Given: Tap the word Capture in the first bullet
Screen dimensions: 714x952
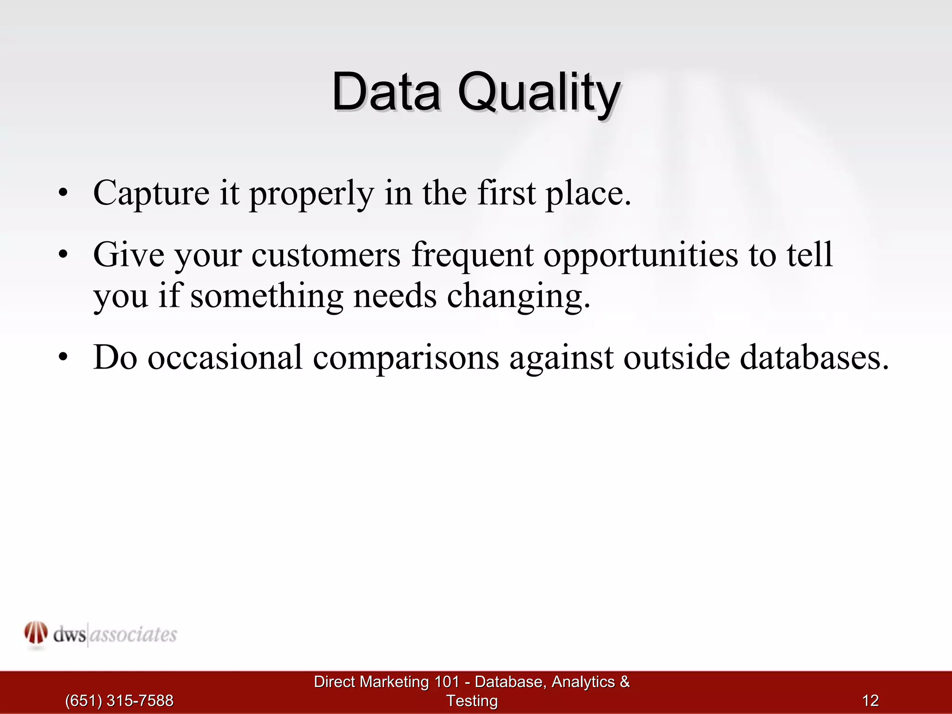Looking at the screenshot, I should pyautogui.click(x=151, y=193).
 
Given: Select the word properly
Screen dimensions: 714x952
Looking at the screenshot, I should pyautogui.click(x=311, y=194).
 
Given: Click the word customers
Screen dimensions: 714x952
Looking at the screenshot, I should pyautogui.click(x=325, y=256).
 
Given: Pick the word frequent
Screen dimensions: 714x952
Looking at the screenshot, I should pyautogui.click(x=472, y=257).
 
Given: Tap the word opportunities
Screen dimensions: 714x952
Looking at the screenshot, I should pyautogui.click(x=641, y=257).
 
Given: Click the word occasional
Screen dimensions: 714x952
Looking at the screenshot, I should pyautogui.click(x=225, y=358).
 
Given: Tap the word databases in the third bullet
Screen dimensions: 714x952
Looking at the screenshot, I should pyautogui.click(x=813, y=358).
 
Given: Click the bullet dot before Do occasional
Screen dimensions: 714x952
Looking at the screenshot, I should pyautogui.click(x=63, y=357).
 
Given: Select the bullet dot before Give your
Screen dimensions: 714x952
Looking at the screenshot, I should pyautogui.click(x=63, y=255).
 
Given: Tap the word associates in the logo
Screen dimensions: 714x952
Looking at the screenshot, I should pyautogui.click(x=133, y=635).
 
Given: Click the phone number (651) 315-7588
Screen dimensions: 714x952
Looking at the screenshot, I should pyautogui.click(x=119, y=701).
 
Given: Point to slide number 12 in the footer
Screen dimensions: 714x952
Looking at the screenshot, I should pyautogui.click(x=870, y=701).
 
